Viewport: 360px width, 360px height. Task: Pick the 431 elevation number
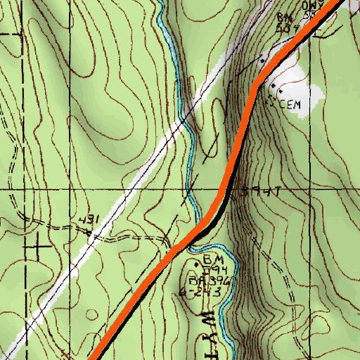[x=87, y=220]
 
